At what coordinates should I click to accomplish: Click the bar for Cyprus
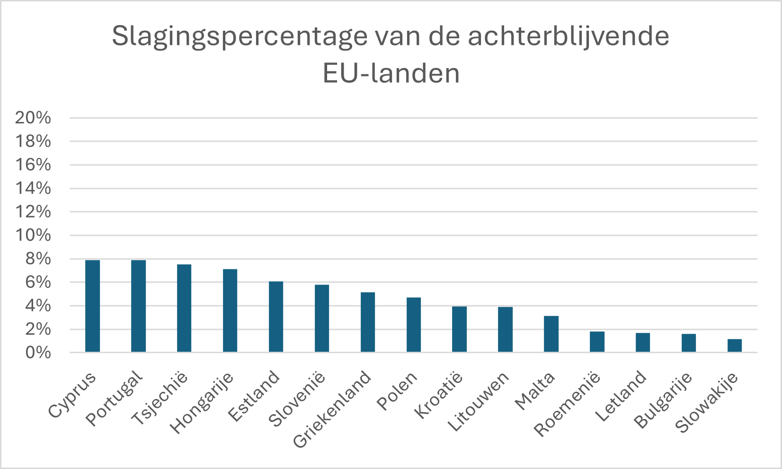pyautogui.click(x=93, y=306)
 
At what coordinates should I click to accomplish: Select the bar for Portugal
pyautogui.click(x=138, y=306)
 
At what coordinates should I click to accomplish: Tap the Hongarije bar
pyautogui.click(x=230, y=311)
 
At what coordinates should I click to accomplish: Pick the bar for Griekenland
pyautogui.click(x=368, y=322)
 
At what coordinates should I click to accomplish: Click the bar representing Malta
pyautogui.click(x=551, y=334)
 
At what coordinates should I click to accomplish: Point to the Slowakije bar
pyautogui.click(x=735, y=346)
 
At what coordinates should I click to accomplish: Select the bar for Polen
pyautogui.click(x=414, y=325)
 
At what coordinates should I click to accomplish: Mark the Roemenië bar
pyautogui.click(x=597, y=342)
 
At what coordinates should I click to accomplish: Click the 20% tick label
pyautogui.click(x=33, y=118)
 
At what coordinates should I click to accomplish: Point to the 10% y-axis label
pyautogui.click(x=33, y=235)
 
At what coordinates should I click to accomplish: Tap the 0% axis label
pyautogui.click(x=38, y=352)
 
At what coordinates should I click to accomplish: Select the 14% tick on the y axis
pyautogui.click(x=33, y=188)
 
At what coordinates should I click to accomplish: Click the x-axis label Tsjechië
pyautogui.click(x=160, y=398)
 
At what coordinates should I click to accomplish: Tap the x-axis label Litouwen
pyautogui.click(x=478, y=401)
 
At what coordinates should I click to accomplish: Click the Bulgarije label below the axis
pyautogui.click(x=662, y=400)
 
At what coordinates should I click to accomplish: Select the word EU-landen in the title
pyautogui.click(x=391, y=73)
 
